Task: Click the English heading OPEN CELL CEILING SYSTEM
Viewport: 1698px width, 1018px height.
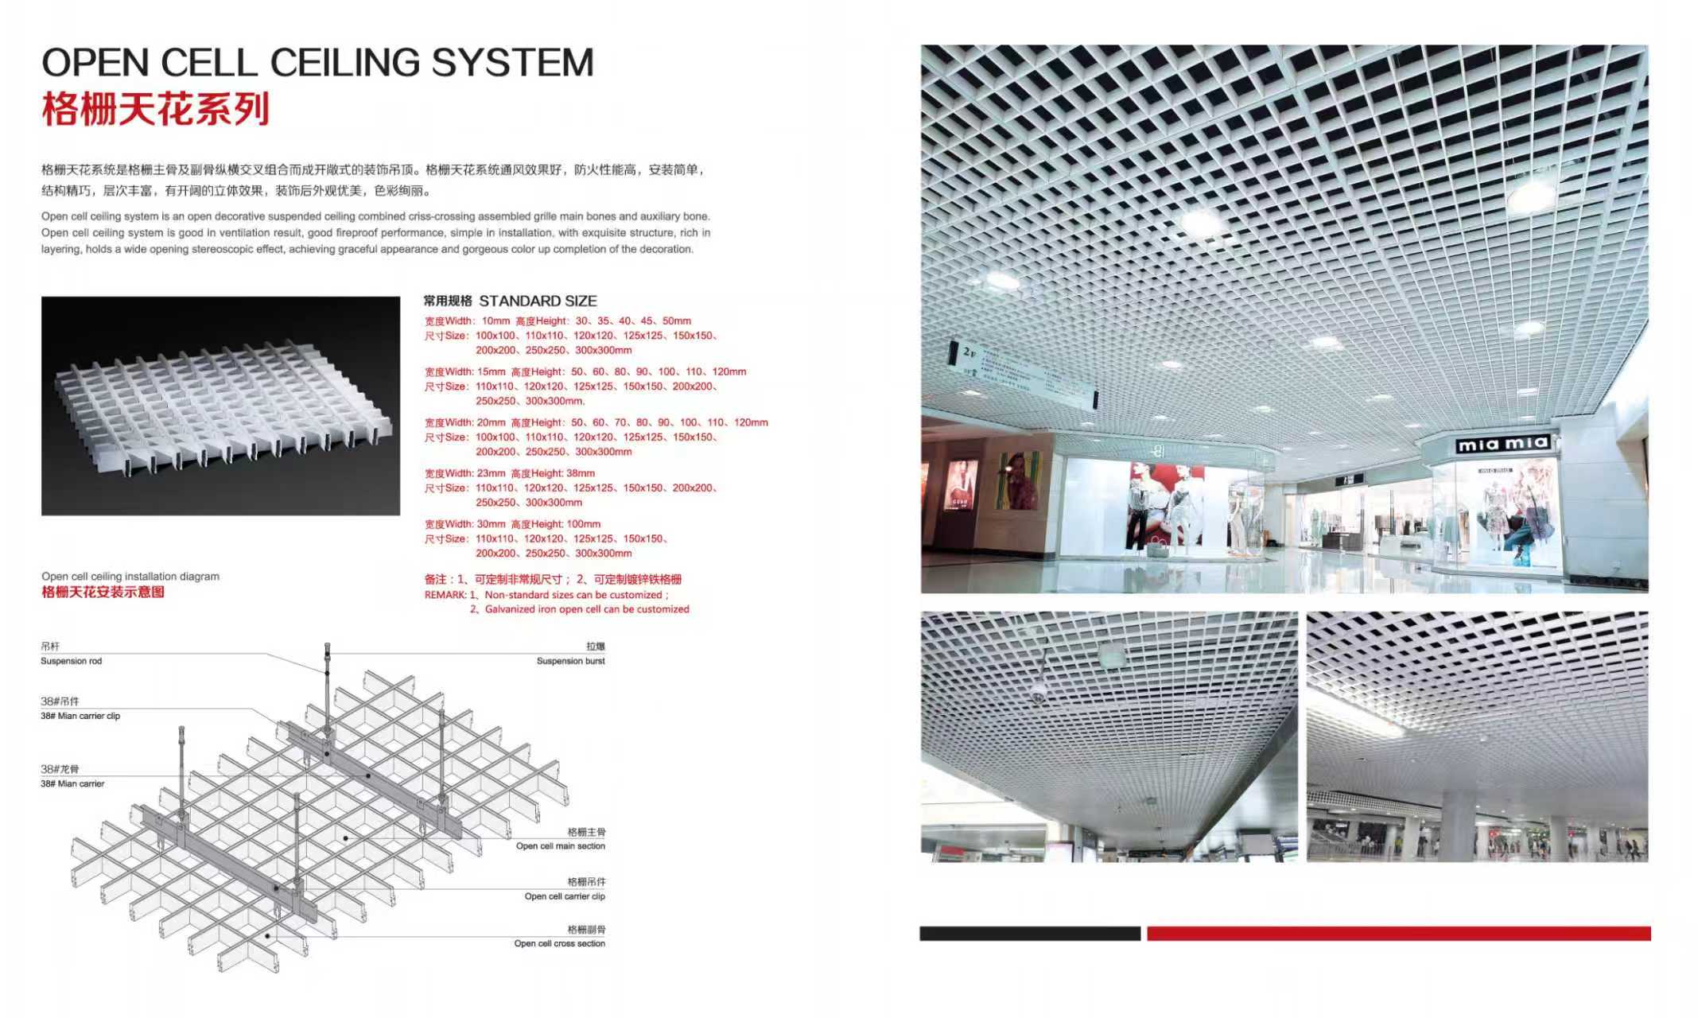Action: (x=317, y=63)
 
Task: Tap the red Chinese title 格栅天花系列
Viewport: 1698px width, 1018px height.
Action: (x=156, y=110)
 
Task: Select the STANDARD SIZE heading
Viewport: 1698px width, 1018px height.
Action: (x=538, y=301)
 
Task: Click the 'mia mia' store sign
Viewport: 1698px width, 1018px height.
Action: (x=1502, y=444)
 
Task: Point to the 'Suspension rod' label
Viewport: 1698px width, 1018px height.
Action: (x=72, y=661)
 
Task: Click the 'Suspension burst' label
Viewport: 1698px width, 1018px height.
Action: (x=570, y=661)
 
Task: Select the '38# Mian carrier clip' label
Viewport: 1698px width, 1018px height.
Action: (x=80, y=716)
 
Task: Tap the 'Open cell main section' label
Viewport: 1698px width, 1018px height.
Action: (x=560, y=846)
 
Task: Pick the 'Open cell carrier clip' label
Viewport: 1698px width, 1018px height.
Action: (x=564, y=896)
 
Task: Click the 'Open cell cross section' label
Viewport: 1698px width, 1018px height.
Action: (x=559, y=943)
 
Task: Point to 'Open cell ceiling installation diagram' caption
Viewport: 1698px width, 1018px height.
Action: (x=130, y=577)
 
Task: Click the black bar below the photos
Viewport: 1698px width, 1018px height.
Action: (x=1029, y=933)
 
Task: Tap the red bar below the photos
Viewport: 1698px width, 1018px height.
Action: (x=1398, y=933)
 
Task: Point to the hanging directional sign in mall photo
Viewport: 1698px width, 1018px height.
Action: (x=1022, y=373)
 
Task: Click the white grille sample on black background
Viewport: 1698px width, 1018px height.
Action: (x=220, y=406)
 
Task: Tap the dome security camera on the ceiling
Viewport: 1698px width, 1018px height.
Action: (x=1039, y=697)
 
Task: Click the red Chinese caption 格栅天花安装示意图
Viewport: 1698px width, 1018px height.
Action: (x=103, y=592)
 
